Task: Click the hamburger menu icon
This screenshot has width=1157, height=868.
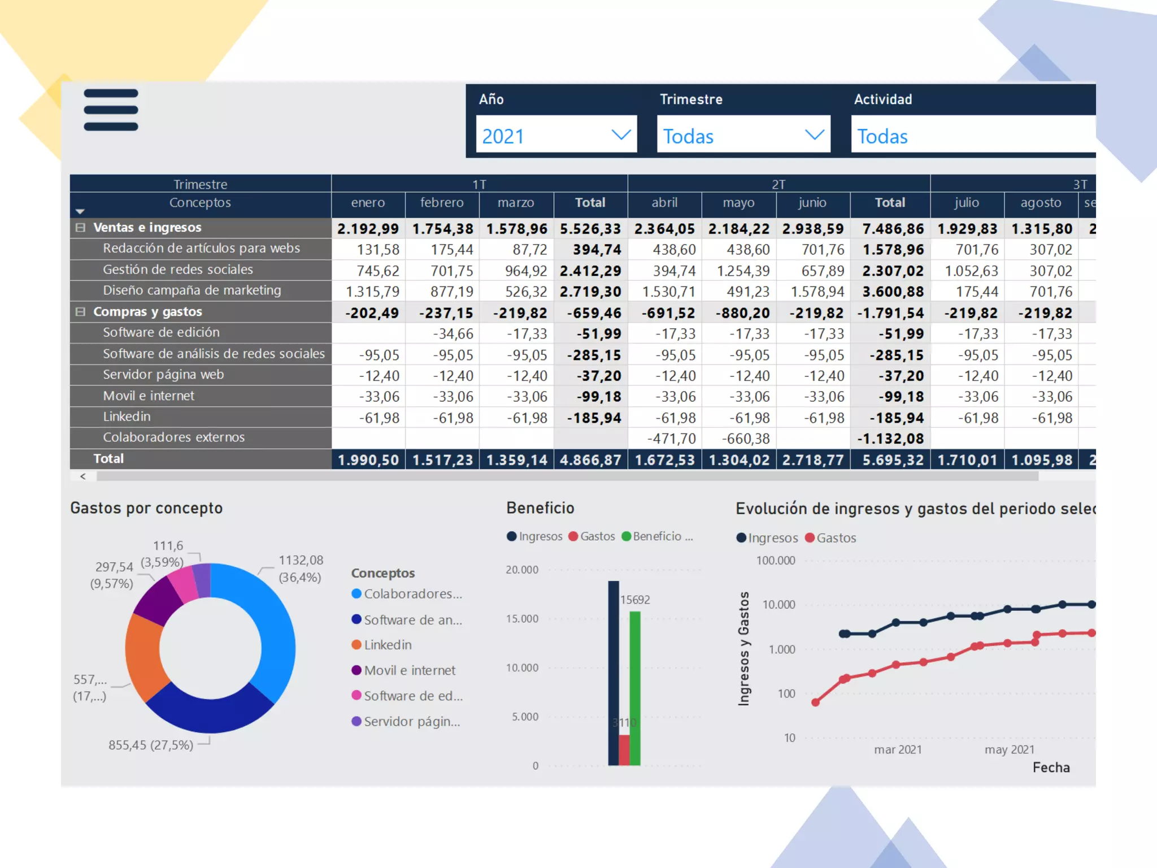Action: (111, 110)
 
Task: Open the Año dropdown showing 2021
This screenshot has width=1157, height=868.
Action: (556, 135)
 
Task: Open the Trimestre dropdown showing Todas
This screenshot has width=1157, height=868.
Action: (743, 135)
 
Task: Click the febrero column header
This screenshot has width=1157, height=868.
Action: (442, 203)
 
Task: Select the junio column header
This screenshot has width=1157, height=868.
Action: (812, 203)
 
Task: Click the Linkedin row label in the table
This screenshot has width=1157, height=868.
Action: (127, 417)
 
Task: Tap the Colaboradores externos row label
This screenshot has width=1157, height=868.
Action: (173, 438)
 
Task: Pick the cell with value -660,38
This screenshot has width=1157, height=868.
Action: (745, 439)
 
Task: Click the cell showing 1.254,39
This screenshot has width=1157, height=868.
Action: (743, 271)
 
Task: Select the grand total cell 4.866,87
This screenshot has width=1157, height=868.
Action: (590, 460)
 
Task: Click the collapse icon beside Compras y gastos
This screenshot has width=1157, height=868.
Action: (80, 312)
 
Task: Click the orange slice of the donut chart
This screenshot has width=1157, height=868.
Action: (142, 656)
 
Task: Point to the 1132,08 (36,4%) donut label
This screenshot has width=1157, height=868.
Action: (300, 568)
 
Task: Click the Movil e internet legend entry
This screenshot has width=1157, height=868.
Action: (409, 671)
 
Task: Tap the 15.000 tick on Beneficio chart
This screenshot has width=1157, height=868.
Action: (521, 619)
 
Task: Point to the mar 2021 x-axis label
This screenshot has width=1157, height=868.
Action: (897, 750)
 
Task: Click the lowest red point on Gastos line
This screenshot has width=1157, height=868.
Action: (815, 702)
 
